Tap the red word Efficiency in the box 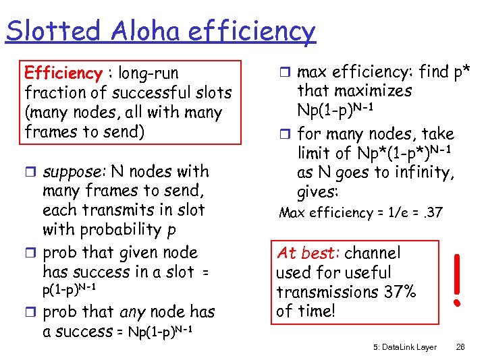pos(62,73)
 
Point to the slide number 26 pos(462,346)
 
